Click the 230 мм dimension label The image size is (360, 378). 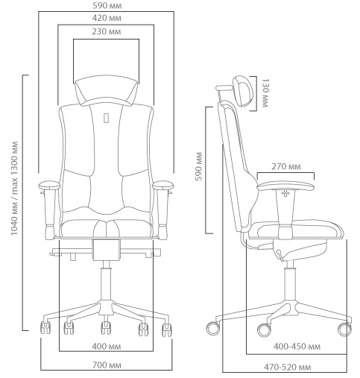pos(107,32)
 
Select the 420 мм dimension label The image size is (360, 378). pos(107,18)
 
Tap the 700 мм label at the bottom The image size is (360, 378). pos(107,365)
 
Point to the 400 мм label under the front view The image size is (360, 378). pos(107,346)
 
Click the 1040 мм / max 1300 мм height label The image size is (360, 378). pos(14,189)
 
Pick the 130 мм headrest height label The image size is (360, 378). pos(265,92)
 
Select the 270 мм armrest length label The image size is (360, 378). pos(286,166)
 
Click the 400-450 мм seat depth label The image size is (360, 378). pos(297,346)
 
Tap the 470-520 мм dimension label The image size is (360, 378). pos(288,367)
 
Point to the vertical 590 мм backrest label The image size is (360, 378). pos(199,166)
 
